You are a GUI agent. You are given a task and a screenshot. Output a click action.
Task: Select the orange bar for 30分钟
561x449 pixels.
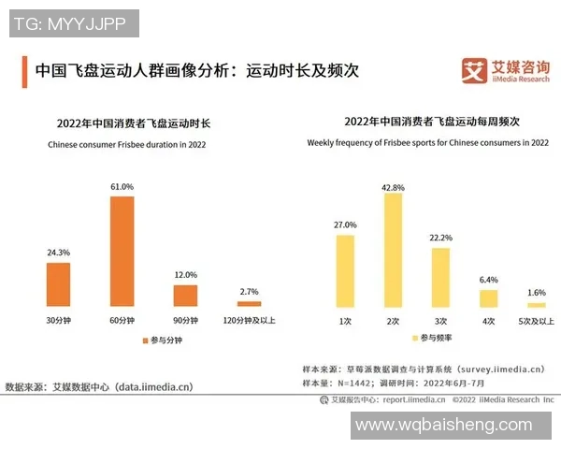click(58, 284)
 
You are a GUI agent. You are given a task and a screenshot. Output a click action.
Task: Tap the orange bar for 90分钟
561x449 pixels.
click(186, 296)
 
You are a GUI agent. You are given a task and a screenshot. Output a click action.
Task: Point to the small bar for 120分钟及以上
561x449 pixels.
click(250, 304)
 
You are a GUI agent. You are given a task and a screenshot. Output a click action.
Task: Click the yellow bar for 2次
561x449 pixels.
click(393, 251)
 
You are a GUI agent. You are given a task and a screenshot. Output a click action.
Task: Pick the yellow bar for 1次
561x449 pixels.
click(345, 271)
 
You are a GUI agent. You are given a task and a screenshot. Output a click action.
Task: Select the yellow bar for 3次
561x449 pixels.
click(440, 277)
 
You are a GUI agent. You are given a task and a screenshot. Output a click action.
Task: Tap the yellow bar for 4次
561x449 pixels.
click(488, 298)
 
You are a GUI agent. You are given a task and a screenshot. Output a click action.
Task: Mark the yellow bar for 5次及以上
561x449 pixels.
click(536, 305)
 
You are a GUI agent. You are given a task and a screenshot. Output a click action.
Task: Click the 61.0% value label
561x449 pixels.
click(122, 187)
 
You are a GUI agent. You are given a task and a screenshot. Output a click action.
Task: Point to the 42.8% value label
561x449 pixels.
click(393, 187)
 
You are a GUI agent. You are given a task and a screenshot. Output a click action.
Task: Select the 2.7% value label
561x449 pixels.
click(250, 293)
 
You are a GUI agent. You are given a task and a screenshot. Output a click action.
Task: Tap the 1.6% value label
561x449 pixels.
click(536, 293)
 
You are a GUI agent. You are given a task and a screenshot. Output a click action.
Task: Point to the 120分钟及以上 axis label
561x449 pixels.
click(250, 321)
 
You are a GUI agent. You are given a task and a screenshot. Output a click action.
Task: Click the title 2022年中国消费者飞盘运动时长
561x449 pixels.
click(134, 123)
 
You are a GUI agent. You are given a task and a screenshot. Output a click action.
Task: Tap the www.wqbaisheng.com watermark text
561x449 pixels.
click(442, 425)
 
